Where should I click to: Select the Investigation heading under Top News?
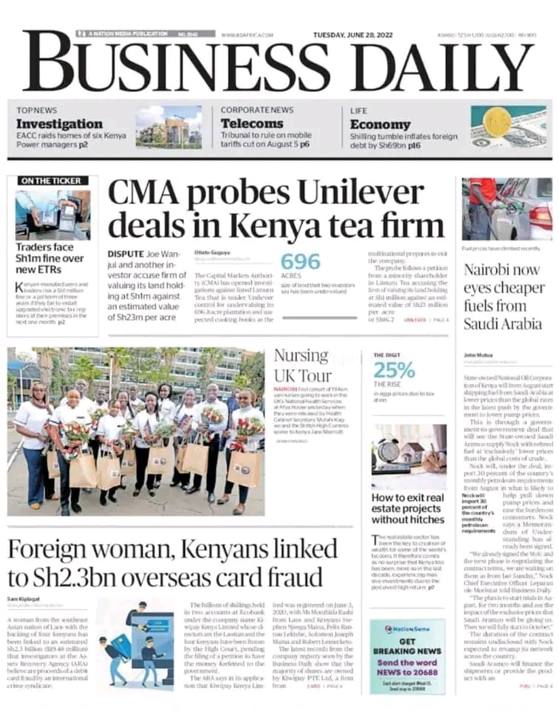click(x=59, y=124)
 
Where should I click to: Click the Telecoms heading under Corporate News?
click(x=252, y=124)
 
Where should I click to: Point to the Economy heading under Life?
click(x=380, y=125)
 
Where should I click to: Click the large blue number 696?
click(x=300, y=262)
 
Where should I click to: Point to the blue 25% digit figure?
click(x=393, y=370)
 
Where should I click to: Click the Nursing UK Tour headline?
click(x=302, y=366)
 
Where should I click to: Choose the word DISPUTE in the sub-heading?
click(x=126, y=254)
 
